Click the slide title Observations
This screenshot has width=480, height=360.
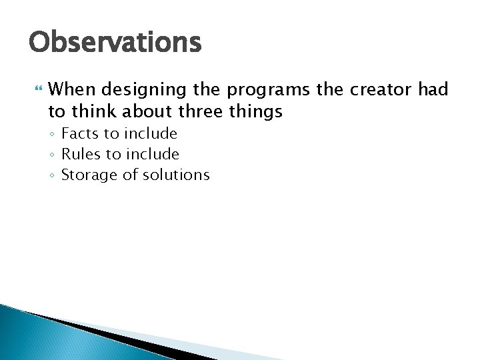pos(114,43)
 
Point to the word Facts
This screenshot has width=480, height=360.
pos(81,134)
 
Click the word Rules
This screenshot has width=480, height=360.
pos(81,155)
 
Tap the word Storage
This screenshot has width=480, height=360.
pos(89,176)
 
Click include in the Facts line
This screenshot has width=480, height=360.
pos(151,134)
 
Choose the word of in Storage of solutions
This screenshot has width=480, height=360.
pos(128,175)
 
